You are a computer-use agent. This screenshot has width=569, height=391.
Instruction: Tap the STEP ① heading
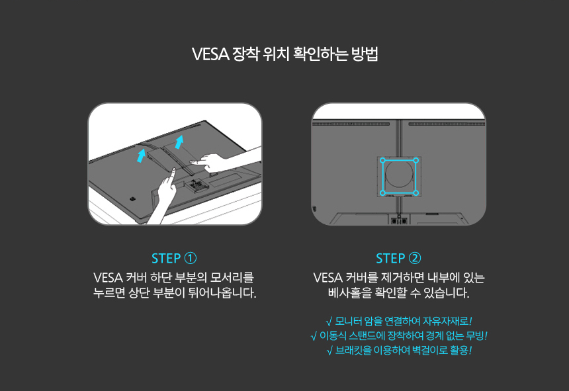tap(173, 258)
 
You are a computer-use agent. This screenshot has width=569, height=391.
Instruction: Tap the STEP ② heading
tap(398, 258)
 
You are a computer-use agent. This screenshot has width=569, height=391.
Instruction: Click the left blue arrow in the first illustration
tap(140, 155)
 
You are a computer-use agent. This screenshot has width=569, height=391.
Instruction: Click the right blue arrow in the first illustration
tap(179, 140)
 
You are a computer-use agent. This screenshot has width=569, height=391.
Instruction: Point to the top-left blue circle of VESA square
tap(382, 160)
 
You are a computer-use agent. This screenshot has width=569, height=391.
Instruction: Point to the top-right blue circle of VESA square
tap(416, 160)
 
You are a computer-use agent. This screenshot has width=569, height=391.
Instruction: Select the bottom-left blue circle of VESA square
tap(382, 193)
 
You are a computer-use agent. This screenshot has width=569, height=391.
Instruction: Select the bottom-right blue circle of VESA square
tap(416, 193)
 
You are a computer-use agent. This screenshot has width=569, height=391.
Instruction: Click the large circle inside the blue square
tap(399, 176)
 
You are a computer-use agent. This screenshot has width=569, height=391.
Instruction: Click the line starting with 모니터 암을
tap(403, 322)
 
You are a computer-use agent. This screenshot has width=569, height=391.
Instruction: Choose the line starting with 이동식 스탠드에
tap(403, 336)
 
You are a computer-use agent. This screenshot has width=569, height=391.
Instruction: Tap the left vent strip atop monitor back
tap(351, 124)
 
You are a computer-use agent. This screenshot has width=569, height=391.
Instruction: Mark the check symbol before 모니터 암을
tap(329, 322)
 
